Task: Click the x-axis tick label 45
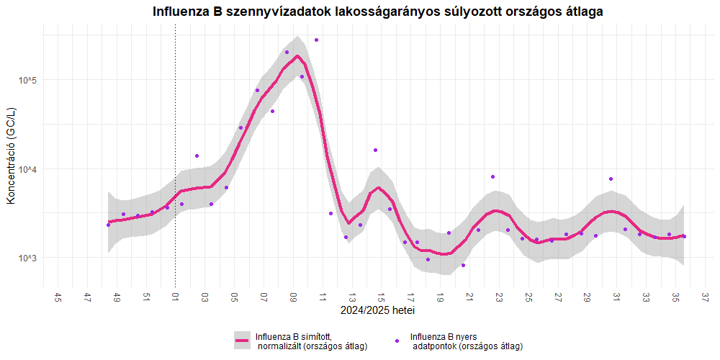(58, 297)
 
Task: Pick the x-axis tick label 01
(175, 297)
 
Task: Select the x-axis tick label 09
(293, 297)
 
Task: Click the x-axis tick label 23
(498, 297)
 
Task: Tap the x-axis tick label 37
(704, 297)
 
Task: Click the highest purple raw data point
(316, 40)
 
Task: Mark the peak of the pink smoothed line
(297, 56)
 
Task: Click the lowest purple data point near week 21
(464, 265)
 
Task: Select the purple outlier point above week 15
(375, 150)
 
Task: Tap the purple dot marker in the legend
(397, 340)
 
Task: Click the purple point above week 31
(611, 179)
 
